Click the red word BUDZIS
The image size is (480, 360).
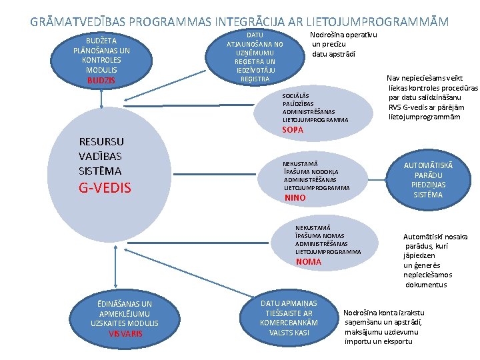click(101, 81)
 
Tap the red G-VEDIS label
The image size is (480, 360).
click(105, 187)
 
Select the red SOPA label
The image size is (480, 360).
click(293, 129)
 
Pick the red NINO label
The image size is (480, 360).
click(295, 198)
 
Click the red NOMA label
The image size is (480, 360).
click(309, 261)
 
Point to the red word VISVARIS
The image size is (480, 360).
click(126, 333)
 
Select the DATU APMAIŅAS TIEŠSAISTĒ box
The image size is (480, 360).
click(289, 317)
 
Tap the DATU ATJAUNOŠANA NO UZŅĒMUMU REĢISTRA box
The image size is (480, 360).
click(255, 57)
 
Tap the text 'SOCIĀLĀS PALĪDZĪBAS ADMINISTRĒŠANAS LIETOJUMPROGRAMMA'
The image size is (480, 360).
click(315, 108)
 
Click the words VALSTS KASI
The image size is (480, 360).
click(289, 332)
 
